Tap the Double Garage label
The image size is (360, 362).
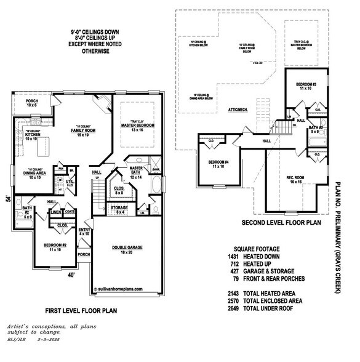[x=127, y=247]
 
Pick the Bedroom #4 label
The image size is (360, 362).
[x=216, y=164]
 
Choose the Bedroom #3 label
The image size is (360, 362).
[x=306, y=83]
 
